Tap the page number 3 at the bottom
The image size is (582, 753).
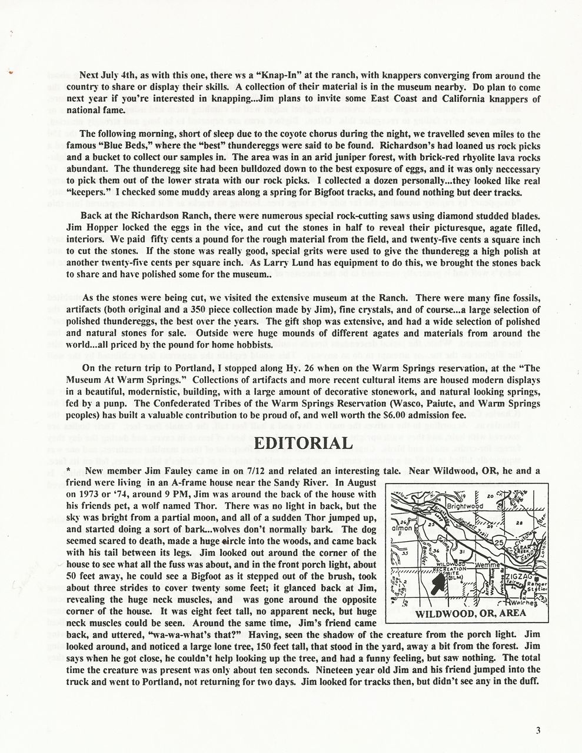tap(538, 731)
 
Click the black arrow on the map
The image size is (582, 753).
tap(436, 585)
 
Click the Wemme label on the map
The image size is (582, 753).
tap(486, 565)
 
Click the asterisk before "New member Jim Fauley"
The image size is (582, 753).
tap(69, 470)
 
